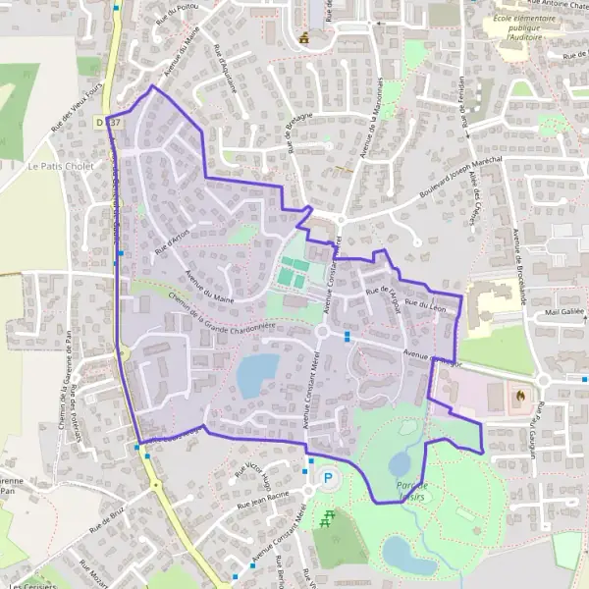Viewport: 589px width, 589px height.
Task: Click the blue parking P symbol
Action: point(329,479)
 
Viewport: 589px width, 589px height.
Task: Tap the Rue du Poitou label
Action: point(172,16)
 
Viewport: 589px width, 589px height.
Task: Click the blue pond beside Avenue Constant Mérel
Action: point(257,373)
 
